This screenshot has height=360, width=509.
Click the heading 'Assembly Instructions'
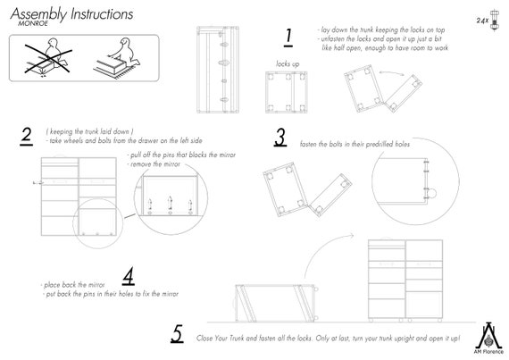[71, 14]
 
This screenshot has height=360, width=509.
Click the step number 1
[288, 37]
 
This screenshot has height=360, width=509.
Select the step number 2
[27, 136]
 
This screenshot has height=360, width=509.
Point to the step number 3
[280, 138]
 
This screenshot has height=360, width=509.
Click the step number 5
[177, 334]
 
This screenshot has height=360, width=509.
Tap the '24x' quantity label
[482, 18]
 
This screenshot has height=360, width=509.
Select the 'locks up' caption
[287, 63]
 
